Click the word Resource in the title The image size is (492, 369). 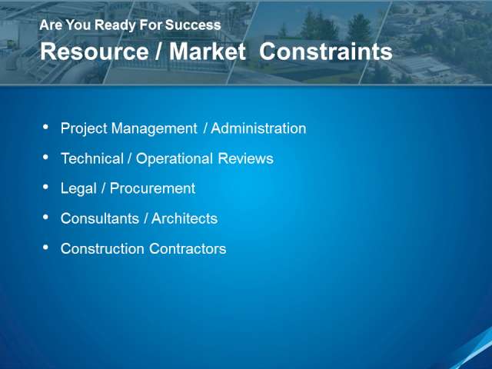[94, 52]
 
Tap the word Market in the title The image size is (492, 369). [208, 52]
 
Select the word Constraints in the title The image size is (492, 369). [326, 52]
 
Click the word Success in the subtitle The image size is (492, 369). [193, 25]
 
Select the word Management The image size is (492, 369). [155, 128]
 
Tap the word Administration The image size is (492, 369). [258, 128]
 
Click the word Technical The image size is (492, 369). [92, 158]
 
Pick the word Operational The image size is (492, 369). [175, 159]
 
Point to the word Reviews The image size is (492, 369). [246, 158]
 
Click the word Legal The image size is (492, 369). [78, 189]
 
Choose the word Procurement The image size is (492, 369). [152, 188]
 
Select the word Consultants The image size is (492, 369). [100, 218]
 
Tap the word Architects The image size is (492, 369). [184, 218]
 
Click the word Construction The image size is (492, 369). [102, 249]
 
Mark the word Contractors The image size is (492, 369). [188, 249]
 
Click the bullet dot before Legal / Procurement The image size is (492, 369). [46, 188]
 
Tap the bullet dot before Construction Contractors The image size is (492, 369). [46, 248]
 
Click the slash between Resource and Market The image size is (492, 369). [159, 52]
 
